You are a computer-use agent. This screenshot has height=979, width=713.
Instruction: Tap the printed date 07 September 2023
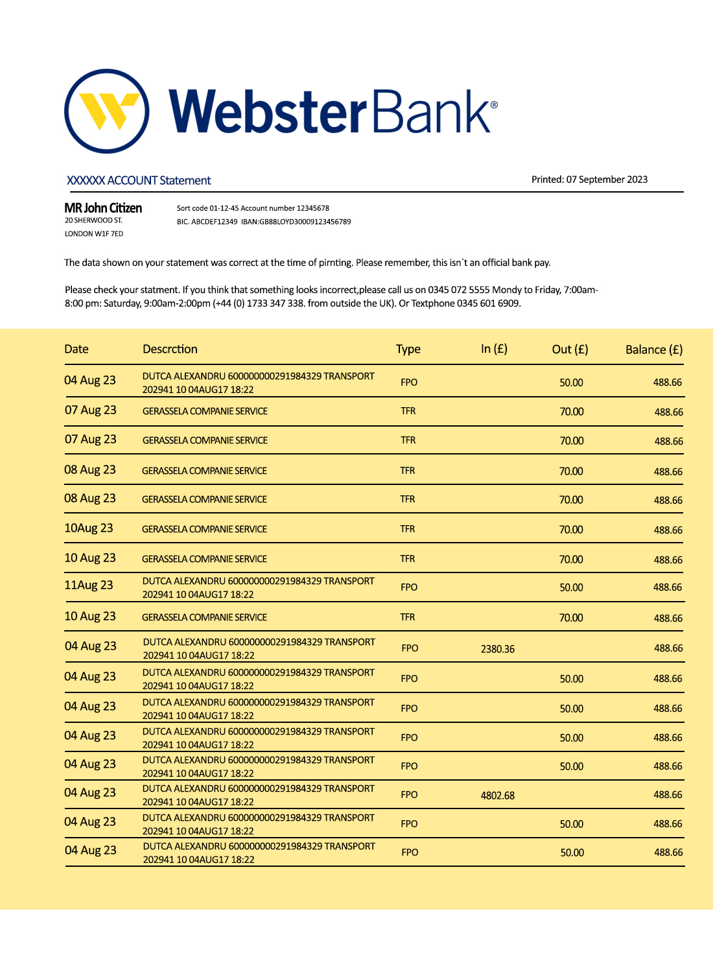[x=607, y=180]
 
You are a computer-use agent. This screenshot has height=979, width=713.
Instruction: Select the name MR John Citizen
[x=103, y=208]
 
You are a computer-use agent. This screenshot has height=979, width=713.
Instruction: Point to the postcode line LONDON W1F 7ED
[x=94, y=234]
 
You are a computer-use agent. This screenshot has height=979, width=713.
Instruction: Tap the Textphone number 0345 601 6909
[x=488, y=303]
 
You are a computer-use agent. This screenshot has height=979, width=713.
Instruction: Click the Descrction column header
[x=170, y=349]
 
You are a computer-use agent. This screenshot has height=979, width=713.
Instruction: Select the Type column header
[x=408, y=349]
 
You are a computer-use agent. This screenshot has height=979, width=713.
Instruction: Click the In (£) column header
[x=494, y=349]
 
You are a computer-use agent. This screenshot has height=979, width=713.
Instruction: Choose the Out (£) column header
[x=570, y=349]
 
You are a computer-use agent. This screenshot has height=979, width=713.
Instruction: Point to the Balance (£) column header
[x=653, y=350]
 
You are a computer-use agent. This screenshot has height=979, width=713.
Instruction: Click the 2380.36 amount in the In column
[x=498, y=649]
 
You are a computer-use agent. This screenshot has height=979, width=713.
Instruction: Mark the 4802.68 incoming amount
[x=498, y=796]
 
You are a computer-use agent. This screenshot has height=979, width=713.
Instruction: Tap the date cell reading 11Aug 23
[x=89, y=585]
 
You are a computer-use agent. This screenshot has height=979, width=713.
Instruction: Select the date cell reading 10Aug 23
[x=89, y=528]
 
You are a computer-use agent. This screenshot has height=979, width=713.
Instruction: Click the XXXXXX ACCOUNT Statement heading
[x=139, y=180]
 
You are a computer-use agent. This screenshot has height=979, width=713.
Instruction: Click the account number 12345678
[x=313, y=208]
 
